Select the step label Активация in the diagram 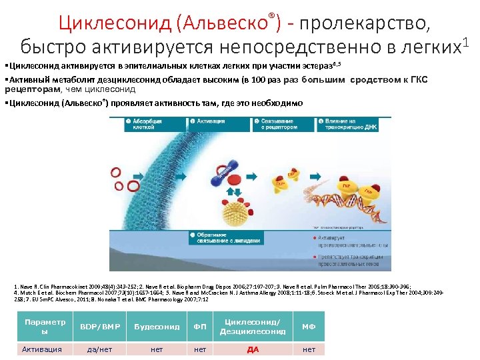(213, 121)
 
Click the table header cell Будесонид (157, 327)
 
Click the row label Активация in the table (41, 349)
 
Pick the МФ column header (309, 327)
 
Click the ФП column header (199, 327)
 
